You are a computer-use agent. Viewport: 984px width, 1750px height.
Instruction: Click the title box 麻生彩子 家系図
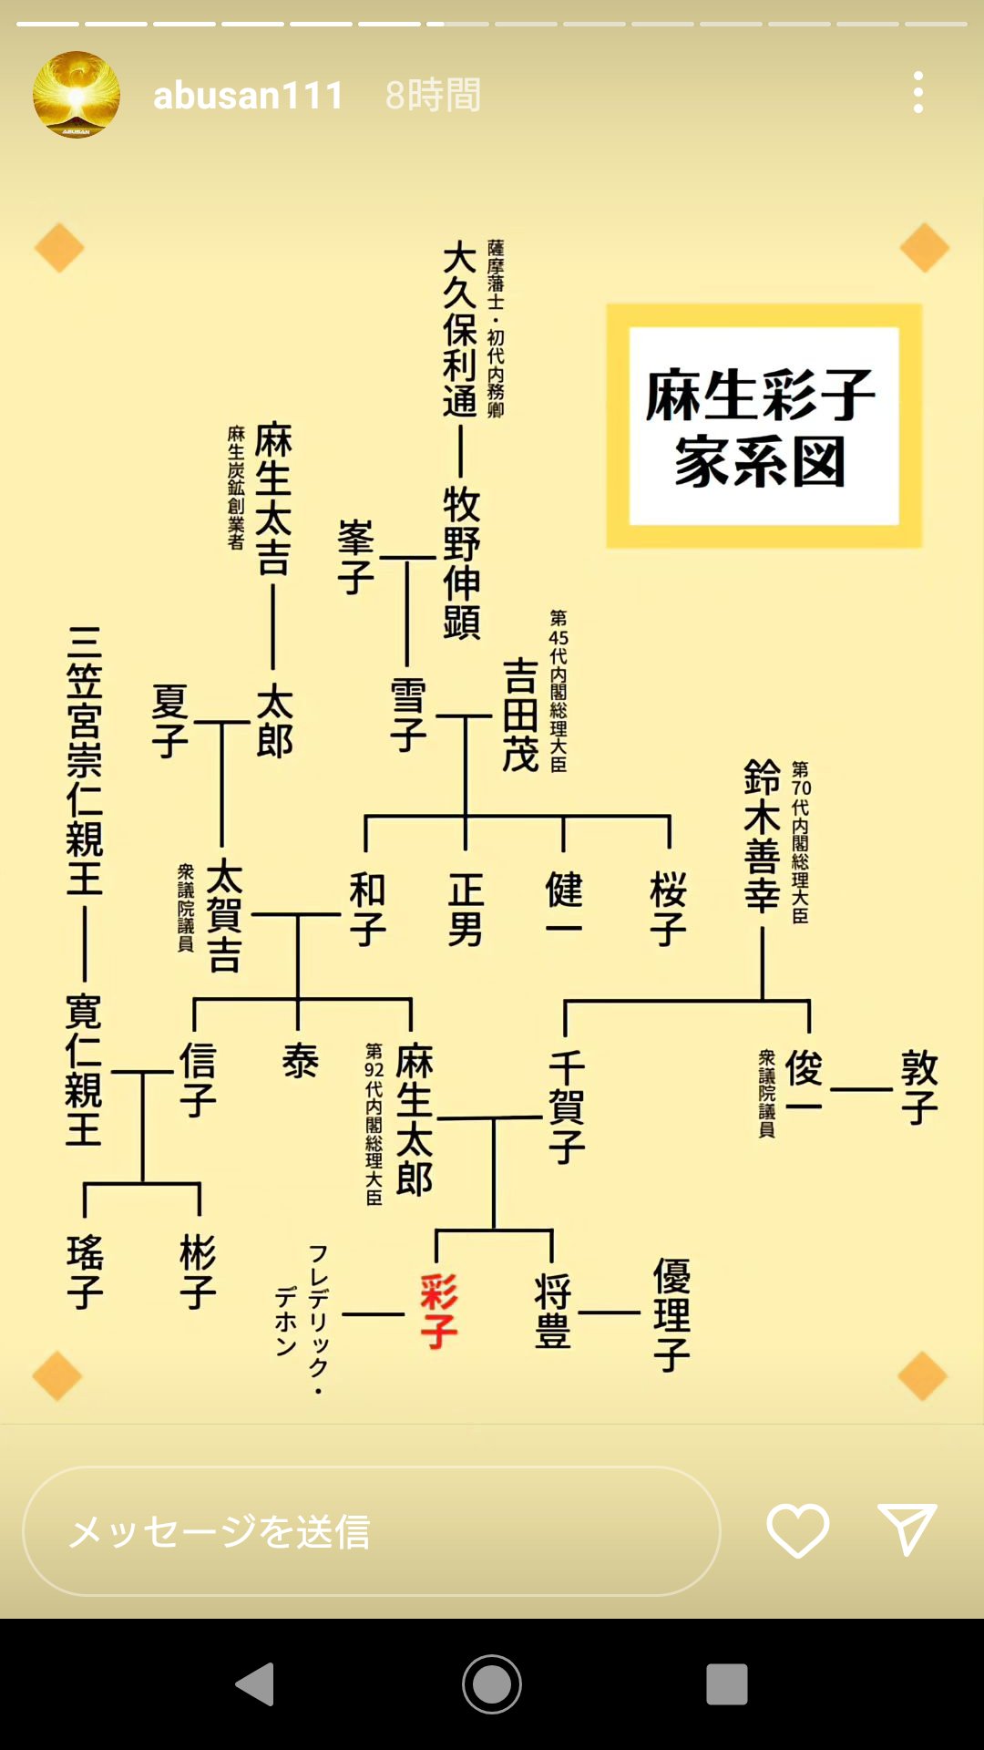(764, 426)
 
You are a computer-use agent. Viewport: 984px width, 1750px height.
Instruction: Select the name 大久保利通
(460, 329)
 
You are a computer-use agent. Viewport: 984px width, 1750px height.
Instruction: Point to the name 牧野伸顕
(462, 562)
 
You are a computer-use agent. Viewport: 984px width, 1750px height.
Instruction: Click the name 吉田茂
(520, 715)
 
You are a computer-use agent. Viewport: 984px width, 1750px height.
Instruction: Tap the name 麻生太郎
(415, 1119)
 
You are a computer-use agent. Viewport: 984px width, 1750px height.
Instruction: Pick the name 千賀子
(566, 1107)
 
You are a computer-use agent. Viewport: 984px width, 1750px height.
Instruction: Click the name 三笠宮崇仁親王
(85, 761)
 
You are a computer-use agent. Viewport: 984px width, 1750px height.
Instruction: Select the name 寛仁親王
(84, 1070)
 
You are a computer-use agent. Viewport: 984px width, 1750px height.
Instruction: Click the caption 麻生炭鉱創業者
(236, 488)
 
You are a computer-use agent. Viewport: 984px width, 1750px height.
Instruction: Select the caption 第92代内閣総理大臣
(374, 1124)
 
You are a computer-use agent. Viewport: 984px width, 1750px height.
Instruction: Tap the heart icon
(797, 1530)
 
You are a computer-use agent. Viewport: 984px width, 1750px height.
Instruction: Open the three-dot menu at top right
(917, 93)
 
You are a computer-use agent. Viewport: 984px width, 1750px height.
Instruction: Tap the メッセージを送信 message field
(372, 1531)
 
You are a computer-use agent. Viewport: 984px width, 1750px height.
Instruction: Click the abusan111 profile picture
(77, 95)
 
